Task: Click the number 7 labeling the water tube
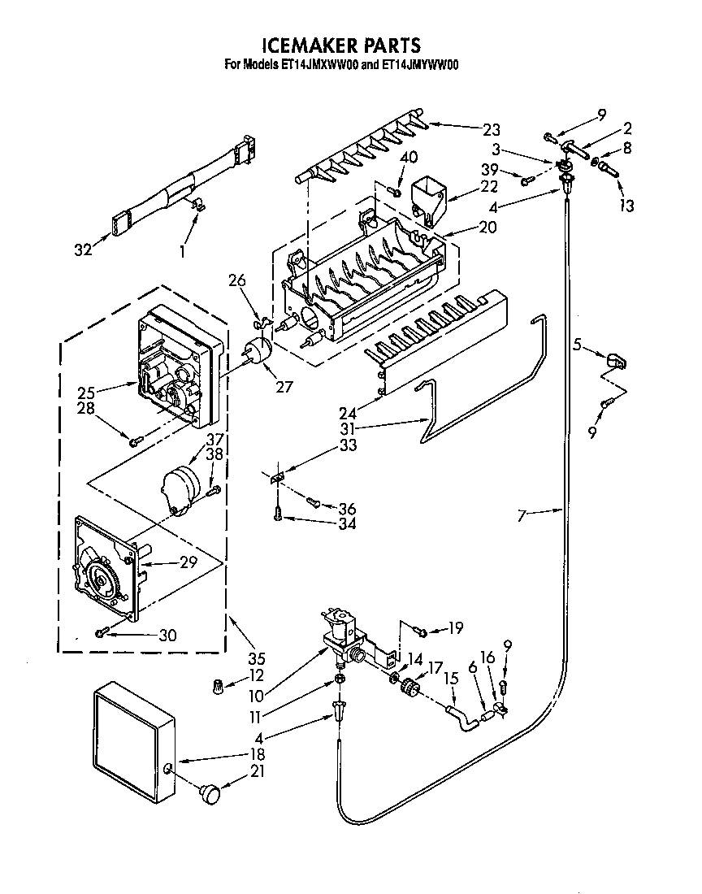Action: [522, 514]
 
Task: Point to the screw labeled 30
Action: [102, 632]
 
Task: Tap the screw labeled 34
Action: [279, 514]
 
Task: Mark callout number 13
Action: [626, 206]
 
